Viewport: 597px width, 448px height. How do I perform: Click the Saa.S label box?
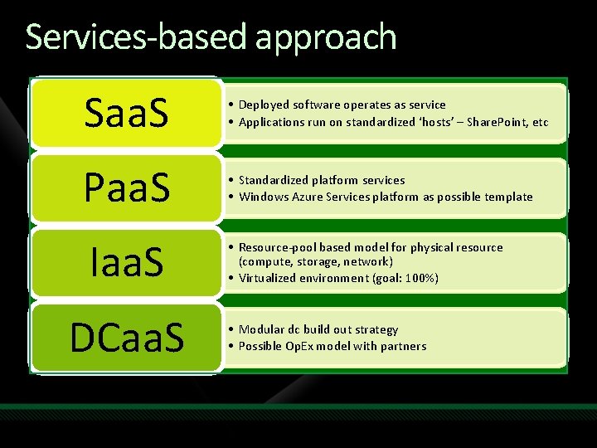[x=126, y=114]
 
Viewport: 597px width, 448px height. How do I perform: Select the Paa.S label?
[x=126, y=188]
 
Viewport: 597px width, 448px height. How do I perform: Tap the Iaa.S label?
[x=126, y=262]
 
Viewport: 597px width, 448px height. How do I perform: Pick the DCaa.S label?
[x=126, y=337]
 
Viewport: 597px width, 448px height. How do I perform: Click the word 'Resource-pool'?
[x=274, y=247]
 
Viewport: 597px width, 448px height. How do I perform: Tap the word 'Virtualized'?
[x=267, y=278]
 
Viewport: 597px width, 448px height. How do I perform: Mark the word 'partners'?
[x=402, y=346]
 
